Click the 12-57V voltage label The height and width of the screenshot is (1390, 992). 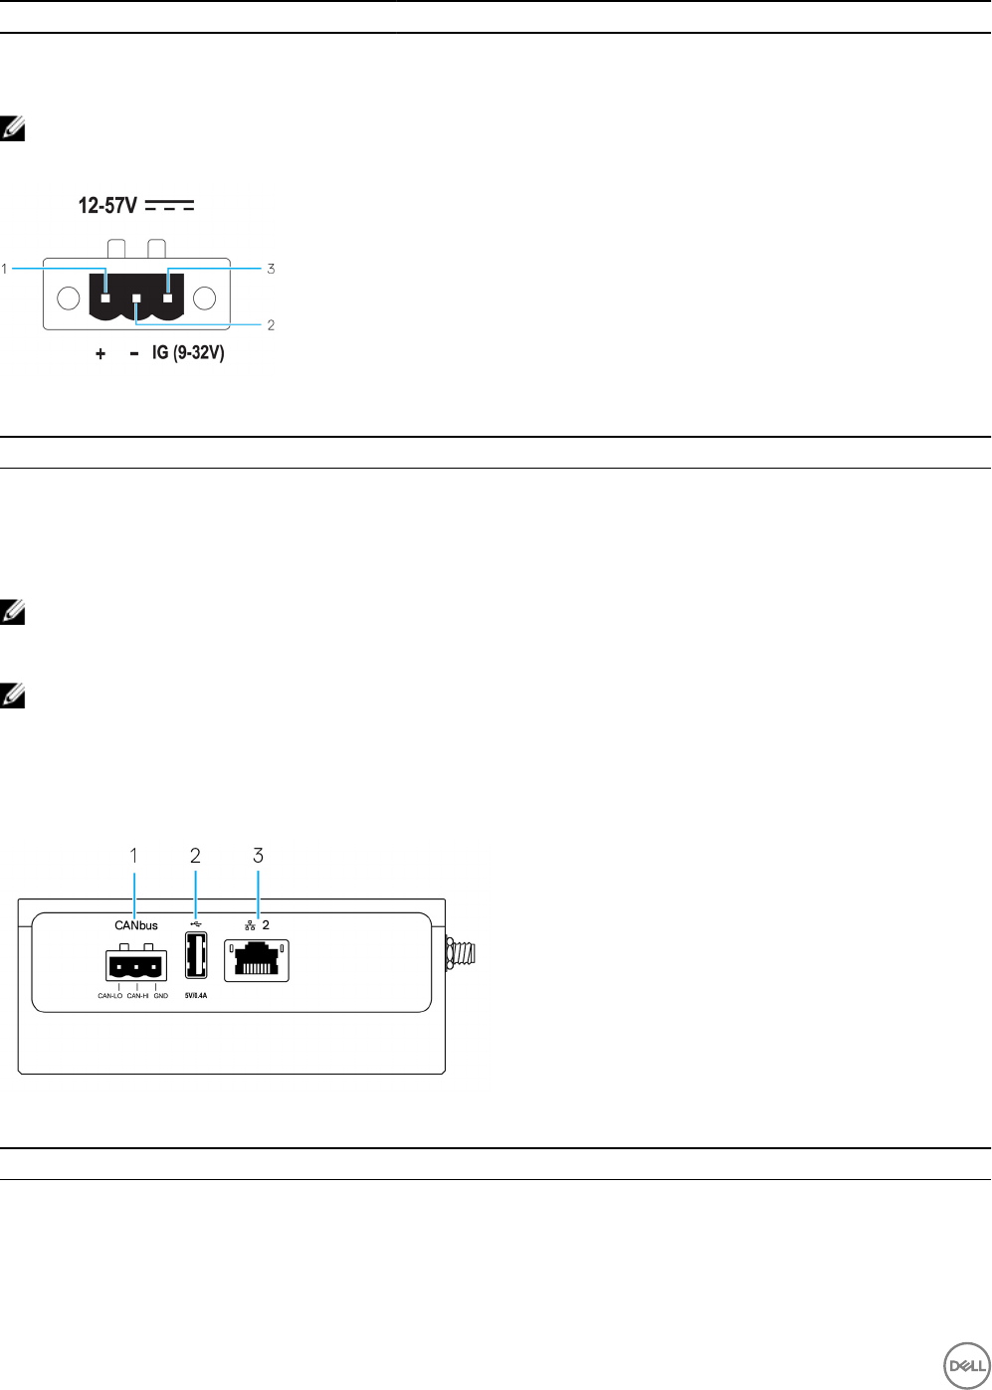click(107, 206)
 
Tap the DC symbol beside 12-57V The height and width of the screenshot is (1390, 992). click(169, 206)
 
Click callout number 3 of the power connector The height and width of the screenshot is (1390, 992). click(271, 269)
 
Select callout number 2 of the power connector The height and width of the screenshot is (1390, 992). click(271, 325)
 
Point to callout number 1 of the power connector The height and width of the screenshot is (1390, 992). click(5, 269)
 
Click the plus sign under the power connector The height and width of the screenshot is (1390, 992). click(100, 353)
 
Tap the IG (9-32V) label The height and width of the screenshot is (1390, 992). click(188, 352)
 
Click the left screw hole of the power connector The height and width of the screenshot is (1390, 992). click(69, 298)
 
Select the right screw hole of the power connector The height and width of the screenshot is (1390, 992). click(204, 298)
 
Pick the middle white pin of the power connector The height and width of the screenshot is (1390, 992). click(136, 298)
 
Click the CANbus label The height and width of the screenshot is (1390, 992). click(136, 925)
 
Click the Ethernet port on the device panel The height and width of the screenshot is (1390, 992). click(257, 960)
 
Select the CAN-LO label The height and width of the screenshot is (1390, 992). click(109, 995)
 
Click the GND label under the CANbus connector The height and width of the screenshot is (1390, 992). click(161, 995)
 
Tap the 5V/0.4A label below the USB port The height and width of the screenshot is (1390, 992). click(196, 995)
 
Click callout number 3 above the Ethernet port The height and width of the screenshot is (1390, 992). click(259, 856)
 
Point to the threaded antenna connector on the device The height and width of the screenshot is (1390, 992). click(463, 952)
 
